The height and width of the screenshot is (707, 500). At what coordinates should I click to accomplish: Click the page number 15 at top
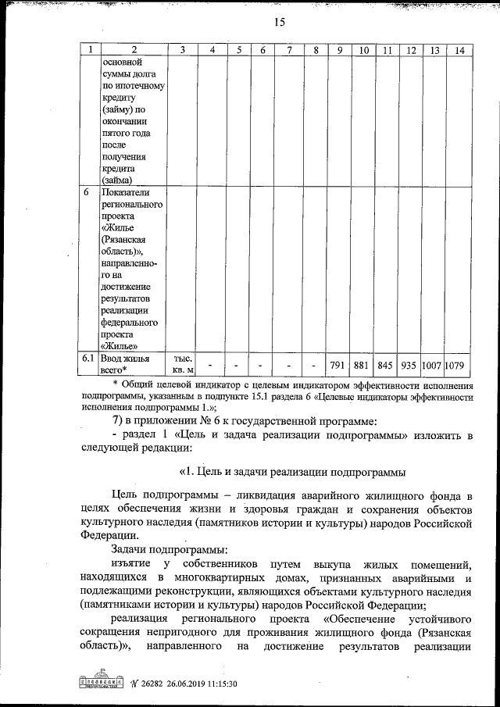click(x=280, y=22)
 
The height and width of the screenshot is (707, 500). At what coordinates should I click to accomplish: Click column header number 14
click(x=459, y=50)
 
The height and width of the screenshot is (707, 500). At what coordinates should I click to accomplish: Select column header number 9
click(x=340, y=50)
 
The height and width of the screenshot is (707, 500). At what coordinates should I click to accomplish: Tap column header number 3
click(x=182, y=50)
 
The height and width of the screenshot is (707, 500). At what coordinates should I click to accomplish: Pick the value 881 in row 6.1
click(x=360, y=364)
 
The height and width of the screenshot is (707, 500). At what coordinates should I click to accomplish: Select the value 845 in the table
click(x=384, y=364)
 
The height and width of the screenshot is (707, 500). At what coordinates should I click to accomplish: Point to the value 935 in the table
click(x=409, y=364)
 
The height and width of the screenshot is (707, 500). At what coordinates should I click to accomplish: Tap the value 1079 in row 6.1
click(x=459, y=364)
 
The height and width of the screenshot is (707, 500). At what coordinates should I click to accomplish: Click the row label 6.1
click(x=89, y=358)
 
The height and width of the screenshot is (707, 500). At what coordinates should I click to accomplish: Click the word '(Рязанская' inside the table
click(x=127, y=239)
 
